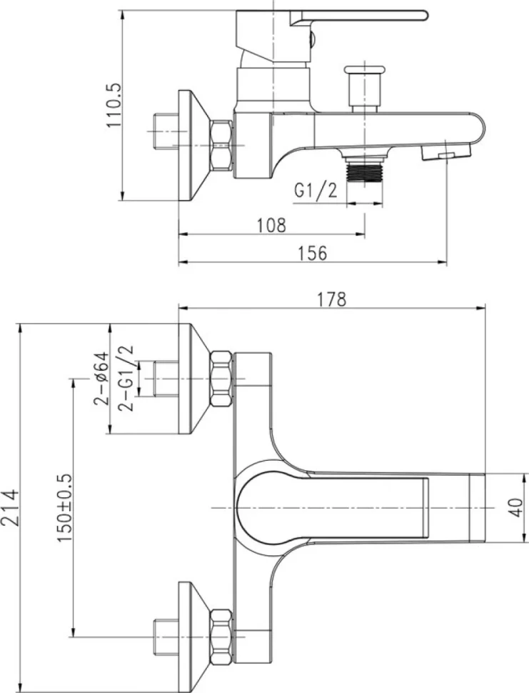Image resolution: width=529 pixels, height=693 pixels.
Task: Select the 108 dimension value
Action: tap(271, 225)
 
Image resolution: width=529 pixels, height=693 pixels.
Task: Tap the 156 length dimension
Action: tap(313, 253)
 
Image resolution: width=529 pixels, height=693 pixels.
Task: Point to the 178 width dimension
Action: tap(332, 299)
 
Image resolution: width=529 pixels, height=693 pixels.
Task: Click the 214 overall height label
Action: tap(10, 507)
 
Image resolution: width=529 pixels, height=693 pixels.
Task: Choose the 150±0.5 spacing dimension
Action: tap(64, 508)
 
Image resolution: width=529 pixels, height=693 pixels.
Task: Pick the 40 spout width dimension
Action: tap(516, 507)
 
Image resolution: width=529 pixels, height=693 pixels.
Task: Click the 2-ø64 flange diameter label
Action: tap(101, 379)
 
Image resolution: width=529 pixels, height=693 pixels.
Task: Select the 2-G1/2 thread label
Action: tap(126, 379)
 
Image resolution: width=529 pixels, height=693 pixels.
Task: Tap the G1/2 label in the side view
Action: tap(316, 190)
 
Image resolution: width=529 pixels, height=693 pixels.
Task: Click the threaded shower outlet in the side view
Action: tap(364, 169)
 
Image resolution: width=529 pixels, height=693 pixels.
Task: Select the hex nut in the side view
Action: tap(222, 145)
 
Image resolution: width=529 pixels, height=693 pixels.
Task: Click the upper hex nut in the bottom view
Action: tap(222, 379)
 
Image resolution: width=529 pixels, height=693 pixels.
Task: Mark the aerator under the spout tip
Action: tap(446, 154)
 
